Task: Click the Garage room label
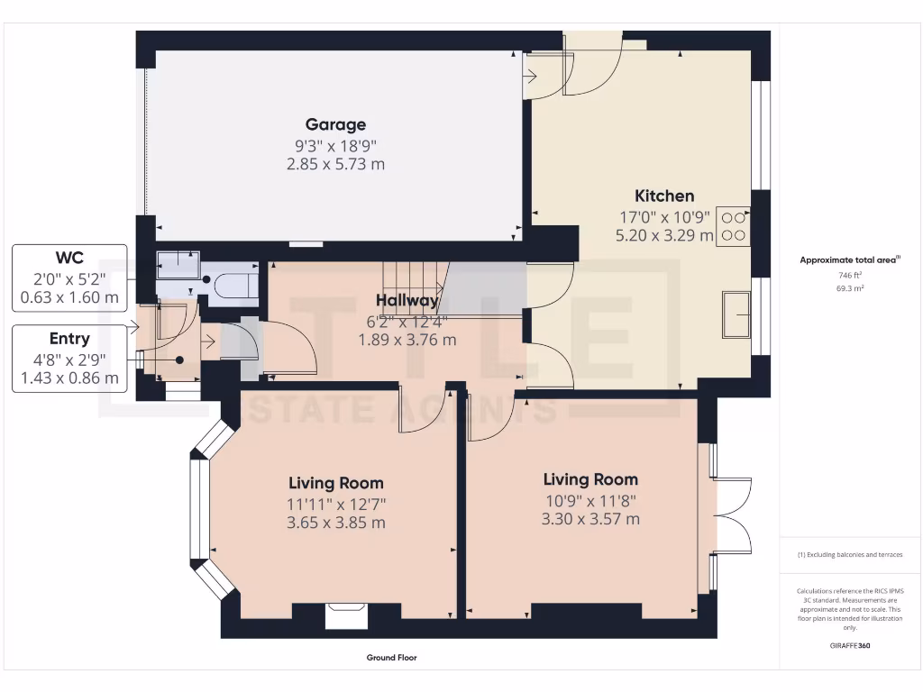tap(335, 124)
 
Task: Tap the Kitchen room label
tap(664, 196)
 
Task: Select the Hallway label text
tap(407, 300)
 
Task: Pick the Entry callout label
tap(69, 339)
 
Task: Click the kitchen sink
tap(736, 314)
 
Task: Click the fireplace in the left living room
tap(346, 615)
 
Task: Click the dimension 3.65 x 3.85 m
tap(335, 523)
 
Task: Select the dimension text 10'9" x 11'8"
tap(590, 500)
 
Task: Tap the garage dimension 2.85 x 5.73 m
tap(335, 164)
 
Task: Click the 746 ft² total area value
tap(850, 275)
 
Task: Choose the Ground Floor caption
tap(391, 658)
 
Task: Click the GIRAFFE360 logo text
tap(850, 645)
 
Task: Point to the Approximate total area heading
tap(850, 259)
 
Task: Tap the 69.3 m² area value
tap(850, 288)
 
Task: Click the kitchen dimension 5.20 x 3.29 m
tap(664, 235)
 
